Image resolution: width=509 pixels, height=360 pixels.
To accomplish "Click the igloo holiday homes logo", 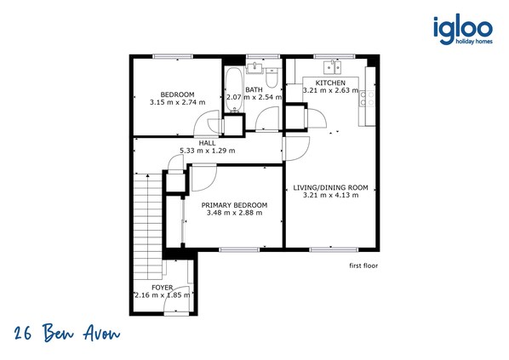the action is pos(463,29).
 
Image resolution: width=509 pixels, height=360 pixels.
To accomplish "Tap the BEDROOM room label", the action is pos(178,94).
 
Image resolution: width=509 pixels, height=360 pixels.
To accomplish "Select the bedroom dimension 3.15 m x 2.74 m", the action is pos(178,102).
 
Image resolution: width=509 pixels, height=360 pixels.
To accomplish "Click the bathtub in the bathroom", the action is pos(234,89).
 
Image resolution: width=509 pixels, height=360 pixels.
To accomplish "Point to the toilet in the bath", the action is pos(272,78).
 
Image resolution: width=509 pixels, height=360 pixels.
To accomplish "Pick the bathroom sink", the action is pos(254,68).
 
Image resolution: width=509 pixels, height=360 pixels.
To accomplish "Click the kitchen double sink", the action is pos(333,67).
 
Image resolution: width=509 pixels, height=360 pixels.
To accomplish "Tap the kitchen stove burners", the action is pos(367,99).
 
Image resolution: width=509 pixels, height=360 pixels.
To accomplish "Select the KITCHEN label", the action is pos(330,83).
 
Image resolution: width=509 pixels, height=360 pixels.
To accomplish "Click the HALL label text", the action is pos(207,143).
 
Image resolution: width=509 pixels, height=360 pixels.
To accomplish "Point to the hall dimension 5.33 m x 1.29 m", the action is pos(208,151).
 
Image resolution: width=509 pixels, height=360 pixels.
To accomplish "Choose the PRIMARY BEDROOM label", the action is pos(234,205).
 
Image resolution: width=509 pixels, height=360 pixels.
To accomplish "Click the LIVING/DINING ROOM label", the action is pos(331,187).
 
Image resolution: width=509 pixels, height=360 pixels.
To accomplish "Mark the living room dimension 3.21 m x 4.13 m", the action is pos(331,195).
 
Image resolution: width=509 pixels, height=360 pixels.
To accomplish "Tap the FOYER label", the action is pos(163,288).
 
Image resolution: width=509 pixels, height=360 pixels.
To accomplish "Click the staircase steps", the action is pos(148,226).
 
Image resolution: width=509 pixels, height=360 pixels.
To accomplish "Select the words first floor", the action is pos(363,266).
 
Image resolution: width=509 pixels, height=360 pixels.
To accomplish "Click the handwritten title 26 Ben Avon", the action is pos(67,333).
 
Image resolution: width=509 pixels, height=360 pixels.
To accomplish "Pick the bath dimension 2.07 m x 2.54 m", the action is pos(254,97).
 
